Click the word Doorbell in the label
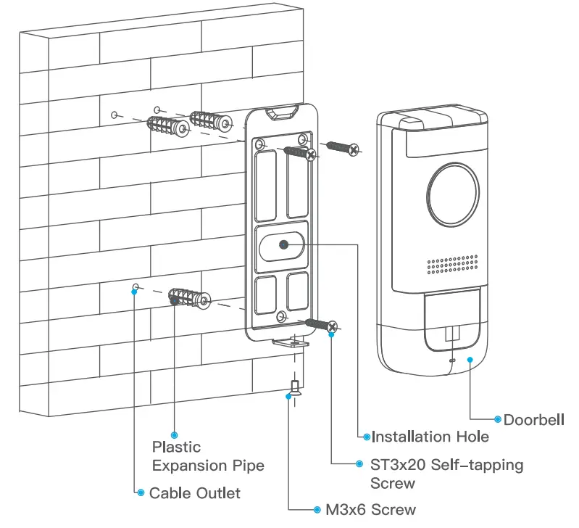tap(534, 420)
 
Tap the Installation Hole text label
tap(430, 437)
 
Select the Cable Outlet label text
tap(194, 493)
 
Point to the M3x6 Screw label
tap(370, 510)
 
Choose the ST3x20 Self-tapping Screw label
tap(446, 473)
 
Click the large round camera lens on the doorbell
tap(453, 193)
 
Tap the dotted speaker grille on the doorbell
tap(452, 266)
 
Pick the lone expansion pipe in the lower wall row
tap(188, 299)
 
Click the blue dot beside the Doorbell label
tap(497, 419)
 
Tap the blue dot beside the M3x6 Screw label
tap(317, 510)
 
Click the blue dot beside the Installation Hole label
tap(365, 437)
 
